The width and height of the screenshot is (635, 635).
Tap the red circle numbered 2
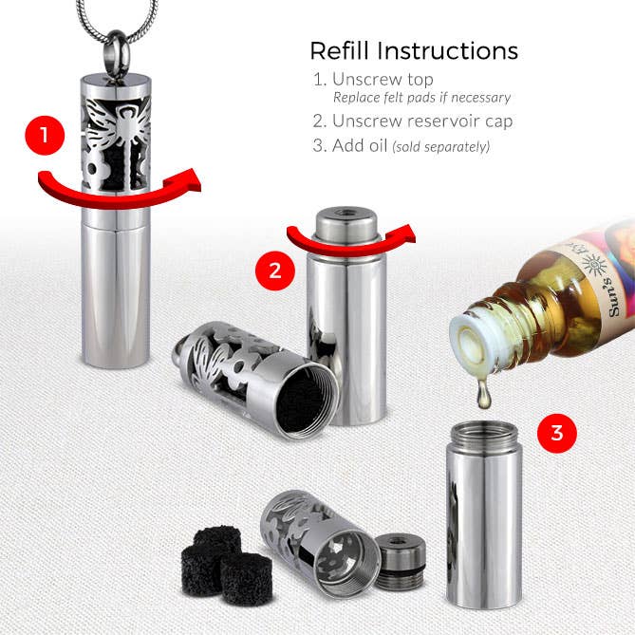point(275,271)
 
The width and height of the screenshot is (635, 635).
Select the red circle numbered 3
point(556,434)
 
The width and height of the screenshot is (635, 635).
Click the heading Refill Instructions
point(414,50)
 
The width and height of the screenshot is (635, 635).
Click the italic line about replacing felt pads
point(421,98)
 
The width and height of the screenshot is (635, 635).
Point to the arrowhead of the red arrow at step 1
point(193,179)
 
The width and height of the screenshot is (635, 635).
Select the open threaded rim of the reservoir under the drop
point(483,434)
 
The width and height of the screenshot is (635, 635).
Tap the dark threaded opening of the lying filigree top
point(308,400)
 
